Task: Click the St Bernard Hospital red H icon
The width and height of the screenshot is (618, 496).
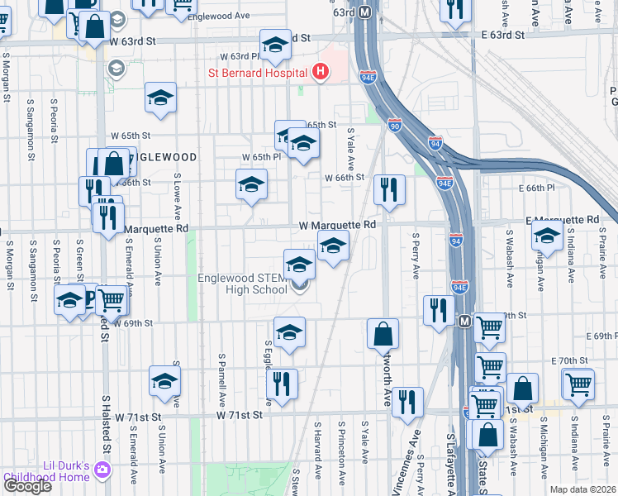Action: click(321, 73)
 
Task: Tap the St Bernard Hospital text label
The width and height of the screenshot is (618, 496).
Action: click(258, 73)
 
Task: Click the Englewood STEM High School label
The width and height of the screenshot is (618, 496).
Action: click(242, 284)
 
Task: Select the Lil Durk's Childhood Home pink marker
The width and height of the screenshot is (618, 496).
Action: click(102, 470)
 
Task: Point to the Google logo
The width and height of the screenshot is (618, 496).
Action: click(26, 486)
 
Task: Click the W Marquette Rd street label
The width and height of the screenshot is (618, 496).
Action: click(337, 225)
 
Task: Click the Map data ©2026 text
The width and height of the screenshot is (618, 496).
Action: click(583, 489)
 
